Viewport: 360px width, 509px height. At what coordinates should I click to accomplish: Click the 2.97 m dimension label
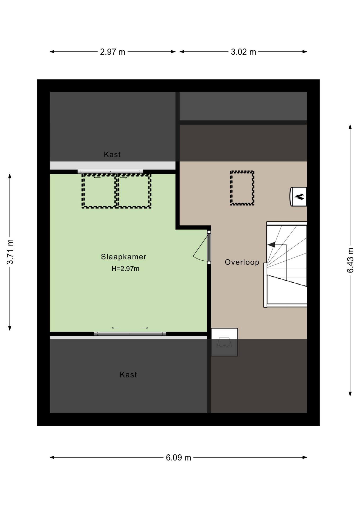112,52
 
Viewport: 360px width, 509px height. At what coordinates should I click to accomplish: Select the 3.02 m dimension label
243,52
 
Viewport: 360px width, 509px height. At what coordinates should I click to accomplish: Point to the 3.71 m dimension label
10,252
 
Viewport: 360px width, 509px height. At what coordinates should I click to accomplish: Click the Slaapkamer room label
124,257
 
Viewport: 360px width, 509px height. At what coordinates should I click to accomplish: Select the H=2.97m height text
125,269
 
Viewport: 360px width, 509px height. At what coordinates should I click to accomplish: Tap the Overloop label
242,262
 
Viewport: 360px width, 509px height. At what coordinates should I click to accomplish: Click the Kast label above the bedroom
112,154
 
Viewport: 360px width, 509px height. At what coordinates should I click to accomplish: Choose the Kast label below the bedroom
128,375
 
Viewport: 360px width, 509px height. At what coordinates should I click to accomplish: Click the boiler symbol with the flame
298,196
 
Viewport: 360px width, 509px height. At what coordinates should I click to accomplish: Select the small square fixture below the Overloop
224,342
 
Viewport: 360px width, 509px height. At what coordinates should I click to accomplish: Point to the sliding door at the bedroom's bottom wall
130,334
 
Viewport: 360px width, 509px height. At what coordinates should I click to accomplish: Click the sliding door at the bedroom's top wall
110,172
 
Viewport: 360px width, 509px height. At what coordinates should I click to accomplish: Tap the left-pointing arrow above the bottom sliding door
116,328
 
